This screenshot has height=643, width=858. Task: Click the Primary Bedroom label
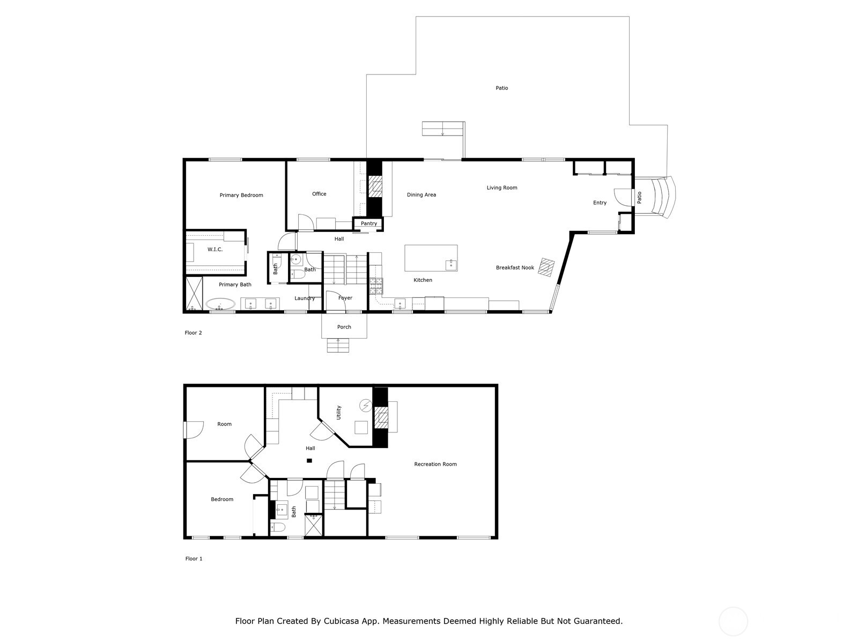pos(241,195)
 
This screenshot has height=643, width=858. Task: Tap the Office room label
pos(319,193)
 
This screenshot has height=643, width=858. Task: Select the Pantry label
pos(368,223)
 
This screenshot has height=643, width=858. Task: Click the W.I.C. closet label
pos(215,249)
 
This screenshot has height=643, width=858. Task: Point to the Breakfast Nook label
pos(515,267)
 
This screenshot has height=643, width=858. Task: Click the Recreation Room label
pos(435,464)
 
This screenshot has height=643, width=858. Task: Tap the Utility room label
pos(338,413)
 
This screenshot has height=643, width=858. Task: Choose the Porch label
pos(344,327)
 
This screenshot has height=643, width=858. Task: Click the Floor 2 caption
pos(193,333)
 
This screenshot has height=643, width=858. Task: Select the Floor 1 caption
pos(194,559)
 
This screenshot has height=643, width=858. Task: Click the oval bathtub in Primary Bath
pos(220,304)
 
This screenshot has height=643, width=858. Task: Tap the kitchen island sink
pos(451,264)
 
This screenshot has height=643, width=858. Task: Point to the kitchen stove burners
pos(376,286)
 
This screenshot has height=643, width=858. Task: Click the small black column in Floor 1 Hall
pos(309,461)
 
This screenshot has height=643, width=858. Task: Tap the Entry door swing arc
pos(623,197)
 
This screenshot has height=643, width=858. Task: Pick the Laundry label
pos(305,298)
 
